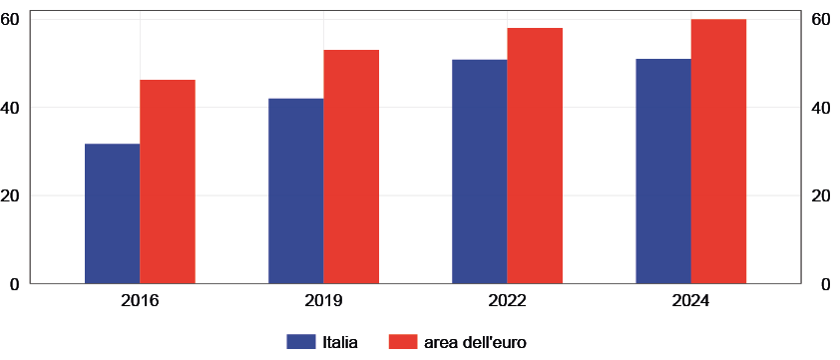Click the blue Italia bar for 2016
point(112,213)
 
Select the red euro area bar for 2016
point(168,181)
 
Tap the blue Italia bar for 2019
point(295,190)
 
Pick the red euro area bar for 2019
point(351,167)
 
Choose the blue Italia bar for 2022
point(479,172)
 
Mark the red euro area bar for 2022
point(535,156)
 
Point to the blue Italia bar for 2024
point(662,172)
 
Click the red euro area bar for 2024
point(719,152)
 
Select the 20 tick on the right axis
point(821,195)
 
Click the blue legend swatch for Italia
point(301,341)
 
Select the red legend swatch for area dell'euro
point(402,341)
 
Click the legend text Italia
point(340,341)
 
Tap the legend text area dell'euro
point(474,341)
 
